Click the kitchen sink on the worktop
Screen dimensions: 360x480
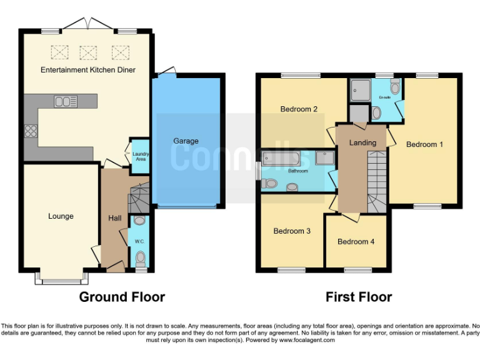click(x=66, y=101)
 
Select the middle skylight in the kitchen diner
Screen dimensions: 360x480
click(x=88, y=51)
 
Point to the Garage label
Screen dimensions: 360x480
click(x=186, y=141)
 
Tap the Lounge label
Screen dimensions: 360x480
click(x=61, y=216)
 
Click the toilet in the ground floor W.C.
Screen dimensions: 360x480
click(x=140, y=257)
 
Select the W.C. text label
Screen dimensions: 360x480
click(x=139, y=241)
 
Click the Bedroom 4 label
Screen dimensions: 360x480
click(x=356, y=242)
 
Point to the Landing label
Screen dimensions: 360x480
click(x=362, y=142)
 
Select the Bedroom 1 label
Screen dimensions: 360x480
click(x=424, y=144)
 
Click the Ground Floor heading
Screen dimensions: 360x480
click(x=122, y=297)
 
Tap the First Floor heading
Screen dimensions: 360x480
click(x=359, y=297)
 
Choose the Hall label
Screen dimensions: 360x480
click(x=115, y=218)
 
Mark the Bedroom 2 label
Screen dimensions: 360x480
click(x=299, y=109)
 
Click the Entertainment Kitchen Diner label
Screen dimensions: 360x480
click(x=88, y=69)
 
